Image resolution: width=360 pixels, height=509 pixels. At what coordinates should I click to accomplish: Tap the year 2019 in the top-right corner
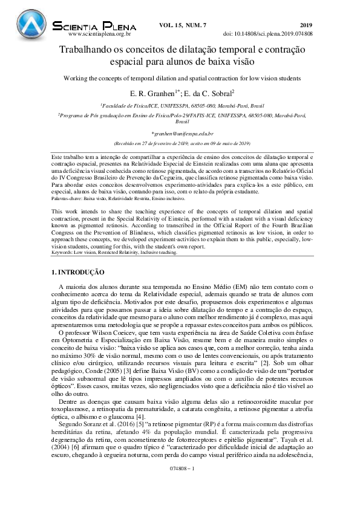pyautogui.click(x=306, y=24)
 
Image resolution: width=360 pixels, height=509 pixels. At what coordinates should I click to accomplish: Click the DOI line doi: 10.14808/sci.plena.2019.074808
pyautogui.click(x=268, y=34)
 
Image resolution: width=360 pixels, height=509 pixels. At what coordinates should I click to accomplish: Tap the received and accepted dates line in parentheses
pyautogui.click(x=182, y=144)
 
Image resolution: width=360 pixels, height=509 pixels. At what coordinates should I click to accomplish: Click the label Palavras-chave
pyautogui.click(x=65, y=198)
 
